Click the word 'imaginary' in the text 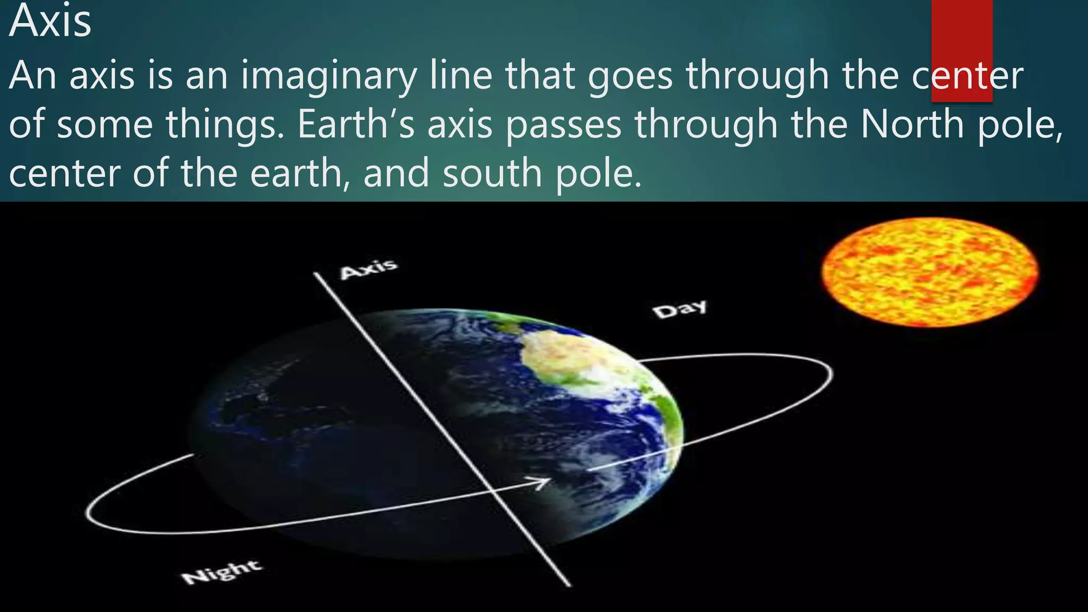[x=328, y=76]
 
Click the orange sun [x=930, y=272]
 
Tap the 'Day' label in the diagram [x=680, y=309]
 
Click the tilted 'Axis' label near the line [x=369, y=269]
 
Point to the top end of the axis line [x=315, y=274]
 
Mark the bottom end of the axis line [x=569, y=585]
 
